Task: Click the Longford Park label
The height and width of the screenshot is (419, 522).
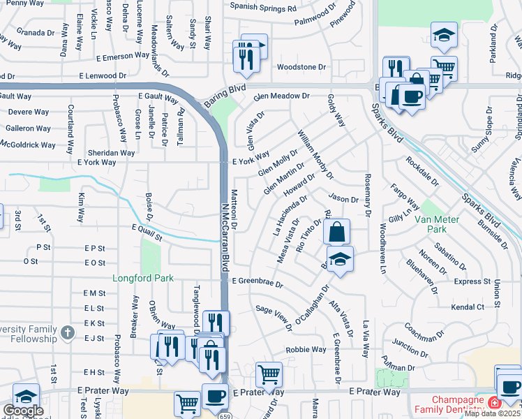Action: tap(144, 278)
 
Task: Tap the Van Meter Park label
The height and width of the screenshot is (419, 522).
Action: tap(436, 223)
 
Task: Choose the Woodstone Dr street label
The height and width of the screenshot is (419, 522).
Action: tap(301, 67)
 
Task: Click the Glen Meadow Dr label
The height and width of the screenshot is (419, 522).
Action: tap(281, 96)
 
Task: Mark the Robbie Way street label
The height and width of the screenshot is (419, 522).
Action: tap(306, 349)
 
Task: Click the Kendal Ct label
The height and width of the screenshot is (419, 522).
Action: tap(468, 307)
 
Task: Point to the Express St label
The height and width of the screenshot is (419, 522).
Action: tap(472, 281)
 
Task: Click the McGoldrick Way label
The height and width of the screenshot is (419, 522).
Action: tap(28, 145)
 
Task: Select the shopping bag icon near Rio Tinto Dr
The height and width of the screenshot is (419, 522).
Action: tap(336, 231)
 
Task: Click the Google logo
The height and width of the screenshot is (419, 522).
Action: tap(22, 410)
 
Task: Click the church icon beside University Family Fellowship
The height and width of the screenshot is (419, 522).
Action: tap(67, 332)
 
